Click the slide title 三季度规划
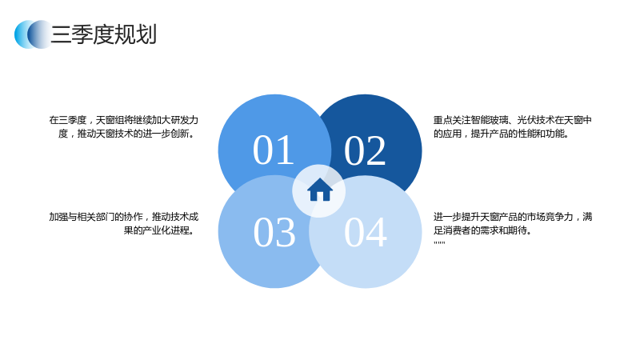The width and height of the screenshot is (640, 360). tap(104, 34)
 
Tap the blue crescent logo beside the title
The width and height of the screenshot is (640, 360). tap(33, 34)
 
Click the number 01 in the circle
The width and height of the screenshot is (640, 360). tap(274, 150)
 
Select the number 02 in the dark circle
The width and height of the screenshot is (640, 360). tap(365, 150)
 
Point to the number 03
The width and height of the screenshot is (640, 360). tap(274, 232)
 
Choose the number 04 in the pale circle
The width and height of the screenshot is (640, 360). tap(366, 232)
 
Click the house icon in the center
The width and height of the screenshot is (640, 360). tap(319, 190)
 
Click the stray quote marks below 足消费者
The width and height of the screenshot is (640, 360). tap(439, 243)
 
